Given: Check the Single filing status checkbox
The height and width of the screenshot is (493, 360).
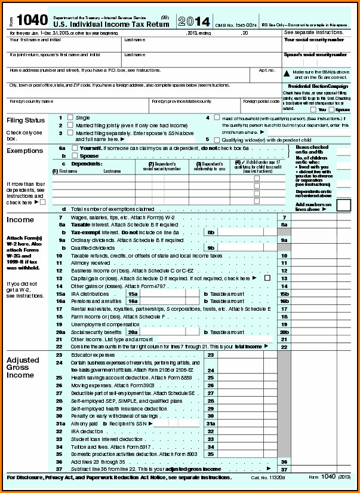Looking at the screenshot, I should click(x=70, y=118).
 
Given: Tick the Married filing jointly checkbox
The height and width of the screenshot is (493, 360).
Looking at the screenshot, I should click(x=70, y=125).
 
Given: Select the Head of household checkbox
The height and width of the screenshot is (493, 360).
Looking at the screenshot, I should click(x=217, y=118).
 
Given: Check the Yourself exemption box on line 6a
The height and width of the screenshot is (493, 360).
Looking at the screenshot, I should click(x=74, y=147).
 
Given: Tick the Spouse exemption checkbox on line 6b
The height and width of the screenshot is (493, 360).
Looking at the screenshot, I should click(x=74, y=155).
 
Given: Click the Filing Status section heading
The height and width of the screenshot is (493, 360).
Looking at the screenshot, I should click(x=25, y=121).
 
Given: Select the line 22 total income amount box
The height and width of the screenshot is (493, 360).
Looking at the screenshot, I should click(x=313, y=346).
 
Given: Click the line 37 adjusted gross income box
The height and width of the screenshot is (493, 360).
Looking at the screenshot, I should click(x=313, y=469).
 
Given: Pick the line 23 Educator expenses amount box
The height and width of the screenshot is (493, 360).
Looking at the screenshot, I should click(x=241, y=355).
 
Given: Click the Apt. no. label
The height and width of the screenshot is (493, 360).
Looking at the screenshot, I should click(x=266, y=70).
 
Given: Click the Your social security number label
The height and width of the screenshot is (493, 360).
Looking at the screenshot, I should click(x=313, y=40).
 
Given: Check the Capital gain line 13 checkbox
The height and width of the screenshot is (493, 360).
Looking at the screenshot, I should click(x=267, y=278).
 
